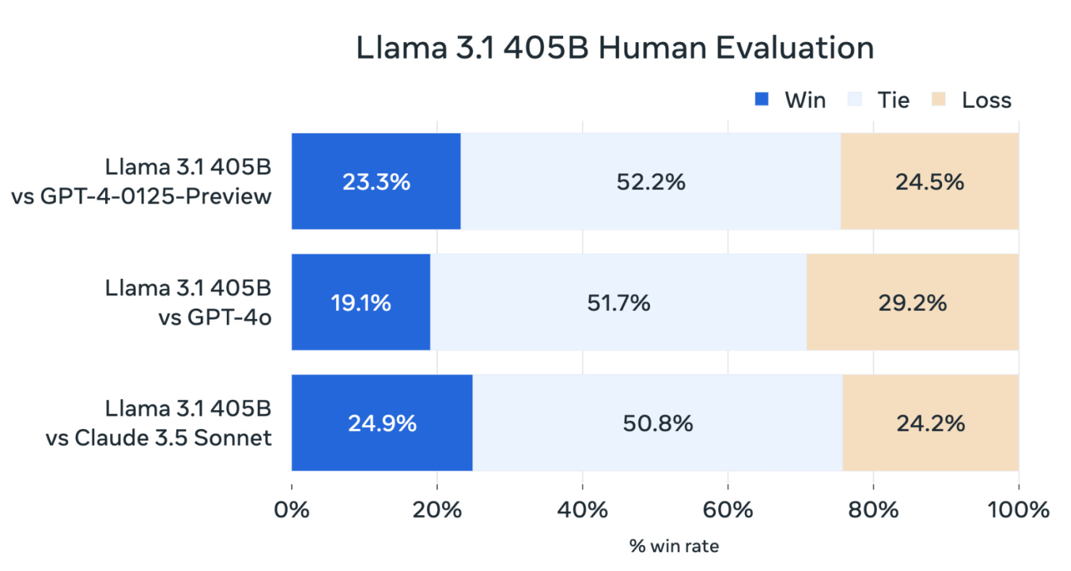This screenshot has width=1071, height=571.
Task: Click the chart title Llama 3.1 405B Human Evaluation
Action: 615,49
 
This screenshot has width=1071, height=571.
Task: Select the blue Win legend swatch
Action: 762,100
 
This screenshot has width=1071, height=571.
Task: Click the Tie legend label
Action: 893,100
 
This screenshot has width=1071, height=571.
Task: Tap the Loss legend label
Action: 986,100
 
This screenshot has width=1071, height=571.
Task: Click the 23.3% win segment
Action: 376,182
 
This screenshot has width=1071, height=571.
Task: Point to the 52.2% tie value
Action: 651,182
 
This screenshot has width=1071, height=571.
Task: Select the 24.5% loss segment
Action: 929,182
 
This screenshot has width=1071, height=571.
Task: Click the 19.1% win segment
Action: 361,302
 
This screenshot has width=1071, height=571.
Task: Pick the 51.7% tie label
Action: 618,302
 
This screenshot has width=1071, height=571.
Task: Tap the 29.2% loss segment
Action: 912,302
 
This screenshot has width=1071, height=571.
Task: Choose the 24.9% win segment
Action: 382,422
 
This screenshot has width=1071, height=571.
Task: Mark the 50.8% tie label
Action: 658,422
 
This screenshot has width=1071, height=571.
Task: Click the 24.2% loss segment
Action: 930,422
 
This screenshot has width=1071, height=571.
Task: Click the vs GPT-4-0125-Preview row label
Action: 142,196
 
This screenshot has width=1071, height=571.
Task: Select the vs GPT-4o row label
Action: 214,317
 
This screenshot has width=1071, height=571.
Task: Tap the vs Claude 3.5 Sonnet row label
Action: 159,437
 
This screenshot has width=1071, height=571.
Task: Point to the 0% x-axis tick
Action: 292,509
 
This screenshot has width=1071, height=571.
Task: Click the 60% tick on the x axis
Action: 728,509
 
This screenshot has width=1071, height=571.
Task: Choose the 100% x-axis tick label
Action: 1018,509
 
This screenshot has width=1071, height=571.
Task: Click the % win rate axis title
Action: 674,546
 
